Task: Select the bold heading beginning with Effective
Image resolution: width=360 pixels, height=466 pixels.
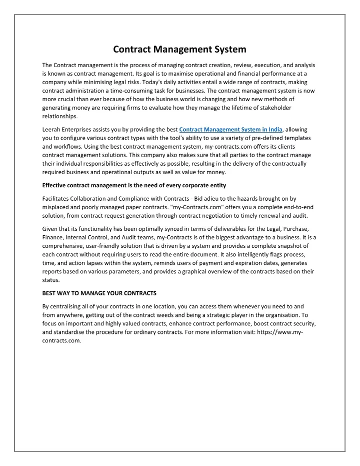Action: coord(134,185)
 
